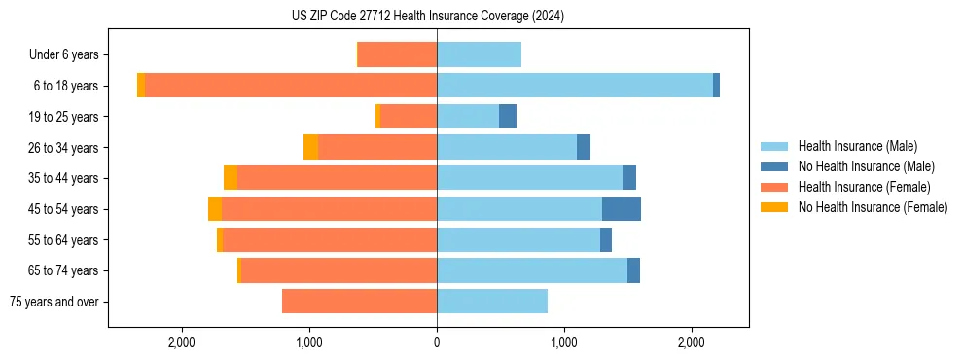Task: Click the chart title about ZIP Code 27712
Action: click(x=427, y=17)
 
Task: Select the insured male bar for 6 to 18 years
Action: click(x=574, y=86)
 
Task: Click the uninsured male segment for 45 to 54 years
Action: click(x=621, y=209)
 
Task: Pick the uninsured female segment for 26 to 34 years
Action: click(x=310, y=147)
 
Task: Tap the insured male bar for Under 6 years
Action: click(x=479, y=54)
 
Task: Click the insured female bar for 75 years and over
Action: click(x=359, y=302)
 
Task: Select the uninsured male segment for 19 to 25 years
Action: click(x=507, y=117)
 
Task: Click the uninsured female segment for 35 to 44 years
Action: click(x=231, y=178)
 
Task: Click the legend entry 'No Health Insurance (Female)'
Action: click(x=873, y=207)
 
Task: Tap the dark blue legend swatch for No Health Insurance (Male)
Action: click(x=775, y=166)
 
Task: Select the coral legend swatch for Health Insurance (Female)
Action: click(x=775, y=187)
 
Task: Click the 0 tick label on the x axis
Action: click(x=437, y=342)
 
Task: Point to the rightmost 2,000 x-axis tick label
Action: click(x=691, y=342)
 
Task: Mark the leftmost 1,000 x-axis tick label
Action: click(x=309, y=342)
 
